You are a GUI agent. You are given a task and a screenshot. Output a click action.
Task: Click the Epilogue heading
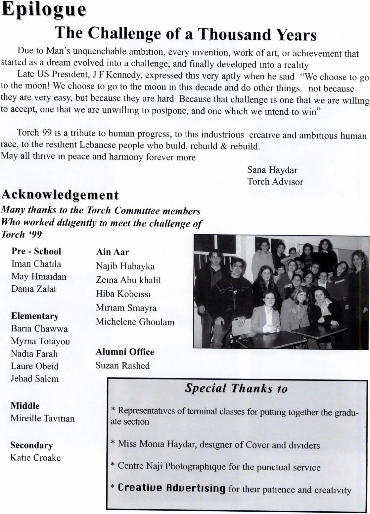[44, 10]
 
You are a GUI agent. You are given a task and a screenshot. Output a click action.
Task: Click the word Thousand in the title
[235, 34]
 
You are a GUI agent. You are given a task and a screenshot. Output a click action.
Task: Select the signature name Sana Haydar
[272, 170]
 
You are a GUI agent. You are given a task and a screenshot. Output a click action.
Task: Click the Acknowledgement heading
[60, 195]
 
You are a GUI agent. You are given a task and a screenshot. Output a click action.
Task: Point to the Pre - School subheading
[36, 251]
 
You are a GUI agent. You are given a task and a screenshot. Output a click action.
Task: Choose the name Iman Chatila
[36, 264]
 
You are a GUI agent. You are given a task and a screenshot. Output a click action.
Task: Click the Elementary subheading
[35, 316]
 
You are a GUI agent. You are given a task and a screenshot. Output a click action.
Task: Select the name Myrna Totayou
[40, 341]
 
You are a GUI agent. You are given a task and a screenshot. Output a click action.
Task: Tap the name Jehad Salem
[34, 378]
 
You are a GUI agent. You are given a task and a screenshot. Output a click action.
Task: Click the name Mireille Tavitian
[42, 418]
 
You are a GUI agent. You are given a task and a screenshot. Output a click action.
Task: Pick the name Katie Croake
[35, 458]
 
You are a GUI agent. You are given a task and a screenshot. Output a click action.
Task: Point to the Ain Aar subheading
[113, 252]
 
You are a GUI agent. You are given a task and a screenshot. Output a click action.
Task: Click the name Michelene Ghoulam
[135, 322]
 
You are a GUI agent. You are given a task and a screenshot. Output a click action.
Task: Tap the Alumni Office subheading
[125, 352]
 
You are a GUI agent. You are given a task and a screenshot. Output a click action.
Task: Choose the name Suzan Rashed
[122, 366]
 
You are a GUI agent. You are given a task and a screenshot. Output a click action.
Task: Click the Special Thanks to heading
[236, 388]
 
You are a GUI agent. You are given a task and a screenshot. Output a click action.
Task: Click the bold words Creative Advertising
[171, 488]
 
